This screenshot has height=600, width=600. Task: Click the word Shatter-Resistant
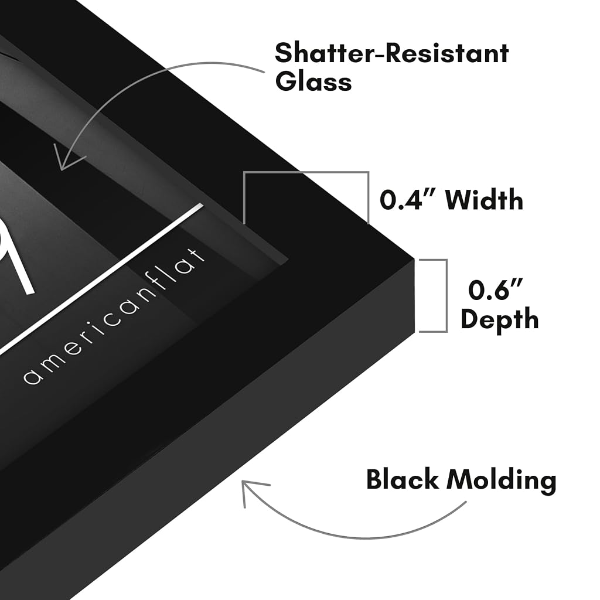[x=392, y=53]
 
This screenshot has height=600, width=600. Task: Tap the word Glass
[x=313, y=81]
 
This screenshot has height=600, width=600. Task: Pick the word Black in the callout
[x=402, y=479]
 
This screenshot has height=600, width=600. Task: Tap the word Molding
[x=502, y=481]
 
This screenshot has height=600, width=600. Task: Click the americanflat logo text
[x=114, y=316]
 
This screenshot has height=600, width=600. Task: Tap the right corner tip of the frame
[x=414, y=260]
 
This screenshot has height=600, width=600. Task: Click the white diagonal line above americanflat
[x=101, y=278]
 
